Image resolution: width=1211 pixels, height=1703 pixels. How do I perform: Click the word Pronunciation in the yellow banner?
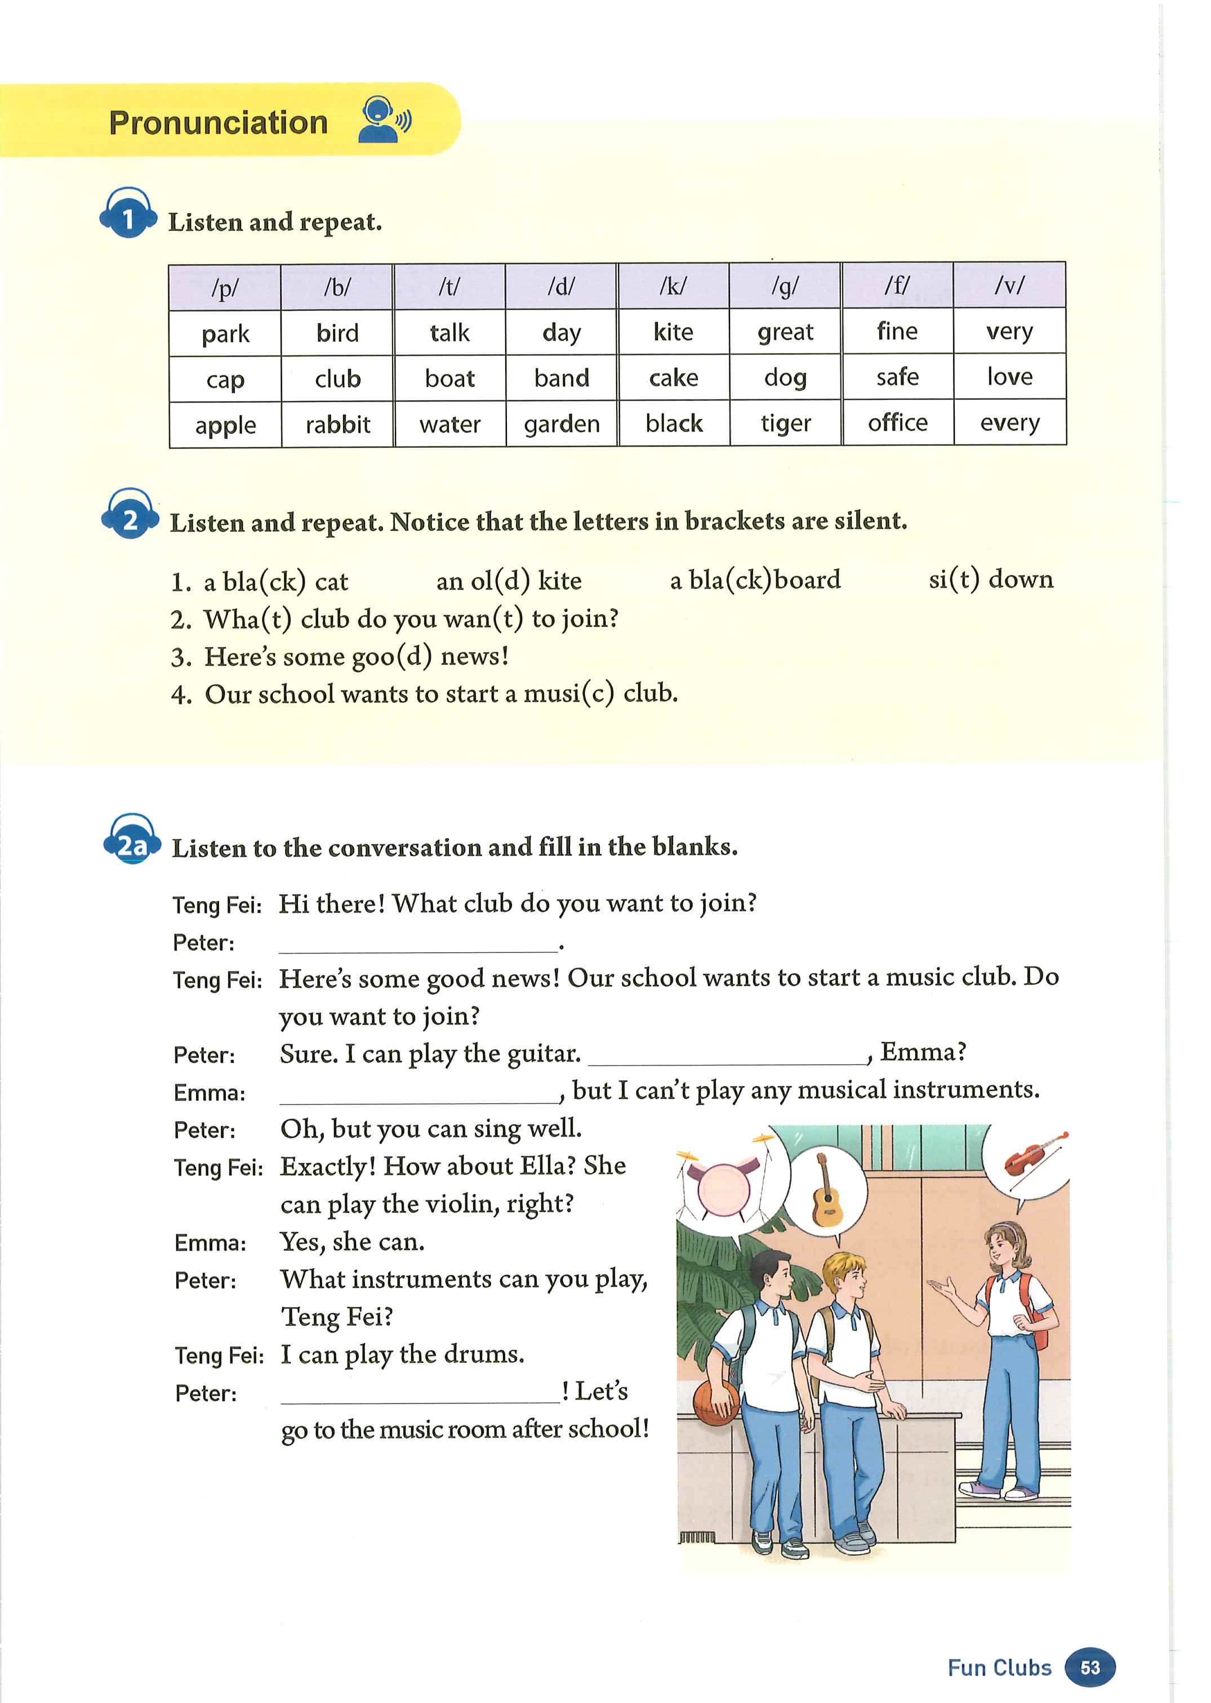218,123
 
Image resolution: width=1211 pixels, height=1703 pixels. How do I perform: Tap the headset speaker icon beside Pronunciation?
383,120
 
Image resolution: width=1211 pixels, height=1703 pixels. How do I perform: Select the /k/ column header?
673,286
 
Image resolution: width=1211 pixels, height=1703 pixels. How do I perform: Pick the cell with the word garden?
562,424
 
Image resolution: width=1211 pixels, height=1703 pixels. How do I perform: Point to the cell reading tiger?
785,423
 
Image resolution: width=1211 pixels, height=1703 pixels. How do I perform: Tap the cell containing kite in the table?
673,332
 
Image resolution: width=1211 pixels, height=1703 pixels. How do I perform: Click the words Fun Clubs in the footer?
999,1667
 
